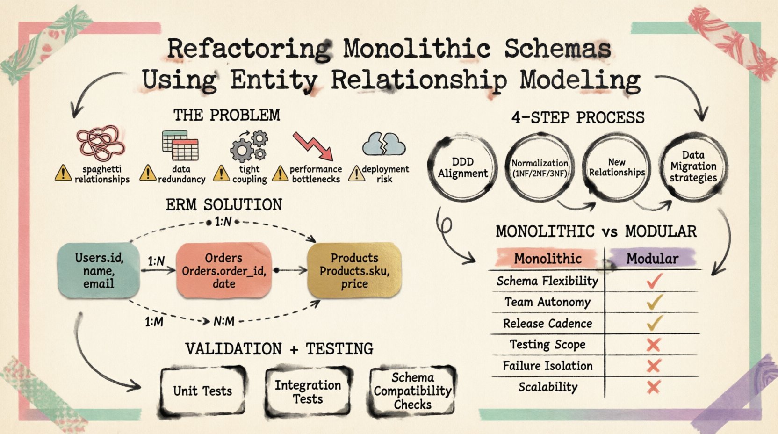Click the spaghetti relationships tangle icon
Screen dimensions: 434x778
100,143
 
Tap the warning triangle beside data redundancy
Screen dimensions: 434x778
148,173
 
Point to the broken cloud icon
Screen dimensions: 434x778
384,144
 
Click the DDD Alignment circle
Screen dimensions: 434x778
462,167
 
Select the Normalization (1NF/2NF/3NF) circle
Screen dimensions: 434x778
540,167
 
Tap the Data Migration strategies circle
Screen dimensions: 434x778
693,166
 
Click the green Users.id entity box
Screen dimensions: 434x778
99,271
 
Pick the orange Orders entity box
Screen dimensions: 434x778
223,270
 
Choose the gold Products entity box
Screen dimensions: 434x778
354,271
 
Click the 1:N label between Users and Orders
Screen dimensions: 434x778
156,261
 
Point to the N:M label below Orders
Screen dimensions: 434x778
223,322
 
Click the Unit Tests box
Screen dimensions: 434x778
202,391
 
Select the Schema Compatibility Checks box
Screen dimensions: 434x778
412,391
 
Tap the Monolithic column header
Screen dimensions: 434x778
547,259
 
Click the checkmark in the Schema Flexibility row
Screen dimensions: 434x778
654,281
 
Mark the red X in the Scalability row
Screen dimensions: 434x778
653,387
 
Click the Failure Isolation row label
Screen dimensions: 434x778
547,366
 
